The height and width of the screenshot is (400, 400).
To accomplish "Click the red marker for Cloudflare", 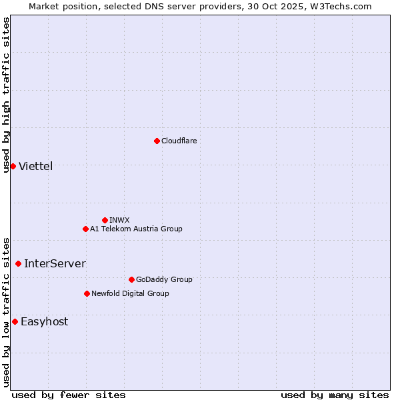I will tap(157, 141).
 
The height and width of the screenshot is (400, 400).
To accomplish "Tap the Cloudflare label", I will tap(179, 141).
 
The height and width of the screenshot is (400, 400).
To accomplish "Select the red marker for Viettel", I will tap(13, 166).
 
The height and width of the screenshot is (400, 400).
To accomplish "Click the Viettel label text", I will tap(35, 166).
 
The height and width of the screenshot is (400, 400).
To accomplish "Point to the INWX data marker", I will tap(105, 220).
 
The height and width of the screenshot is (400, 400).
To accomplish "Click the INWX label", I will tap(119, 220).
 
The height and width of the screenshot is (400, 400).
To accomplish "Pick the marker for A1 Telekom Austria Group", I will tap(85, 229).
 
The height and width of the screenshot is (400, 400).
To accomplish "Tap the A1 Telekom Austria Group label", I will tap(136, 229).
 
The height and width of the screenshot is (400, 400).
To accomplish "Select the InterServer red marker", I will tap(18, 263).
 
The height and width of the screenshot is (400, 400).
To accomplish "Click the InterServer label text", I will tap(55, 263).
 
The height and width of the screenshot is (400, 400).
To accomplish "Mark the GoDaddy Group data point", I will tap(131, 279).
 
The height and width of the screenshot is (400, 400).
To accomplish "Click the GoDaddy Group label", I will tap(163, 279).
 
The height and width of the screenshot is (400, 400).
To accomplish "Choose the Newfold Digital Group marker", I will tap(87, 293).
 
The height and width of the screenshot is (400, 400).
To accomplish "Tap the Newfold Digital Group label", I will tap(130, 293).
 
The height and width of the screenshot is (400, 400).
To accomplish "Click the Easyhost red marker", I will tap(15, 321).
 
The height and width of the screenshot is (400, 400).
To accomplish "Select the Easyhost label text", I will tap(44, 321).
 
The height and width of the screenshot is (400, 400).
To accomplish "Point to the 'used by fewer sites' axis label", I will tap(69, 395).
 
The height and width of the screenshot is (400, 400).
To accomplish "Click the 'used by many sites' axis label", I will tap(335, 395).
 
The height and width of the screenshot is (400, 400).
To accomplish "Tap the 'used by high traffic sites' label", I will tap(6, 95).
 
